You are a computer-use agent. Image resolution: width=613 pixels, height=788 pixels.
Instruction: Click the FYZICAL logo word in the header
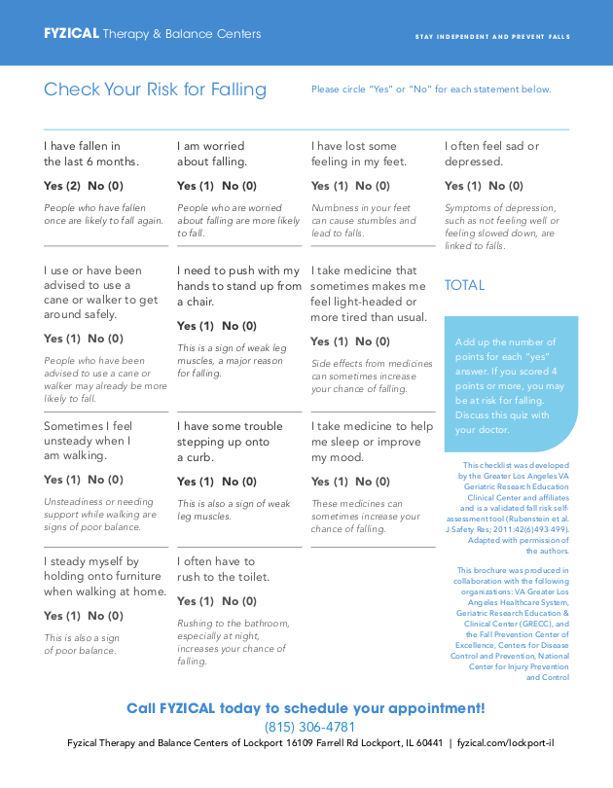pos(71,34)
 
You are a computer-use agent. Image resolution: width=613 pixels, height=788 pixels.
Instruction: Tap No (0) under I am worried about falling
pos(239,186)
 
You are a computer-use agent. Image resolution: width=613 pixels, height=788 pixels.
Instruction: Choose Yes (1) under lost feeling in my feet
pos(329,186)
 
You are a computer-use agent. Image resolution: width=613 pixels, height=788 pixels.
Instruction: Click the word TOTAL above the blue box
pos(464,285)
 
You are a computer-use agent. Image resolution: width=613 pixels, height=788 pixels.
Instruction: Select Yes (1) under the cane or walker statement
pos(61,339)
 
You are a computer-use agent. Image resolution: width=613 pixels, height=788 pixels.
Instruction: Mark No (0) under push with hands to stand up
pos(239,326)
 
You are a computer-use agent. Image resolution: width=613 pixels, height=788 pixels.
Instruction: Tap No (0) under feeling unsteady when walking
pos(105,480)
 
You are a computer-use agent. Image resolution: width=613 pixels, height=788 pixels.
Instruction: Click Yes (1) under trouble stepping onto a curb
pos(195,482)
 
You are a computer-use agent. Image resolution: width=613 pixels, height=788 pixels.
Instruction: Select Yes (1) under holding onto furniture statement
pos(61,616)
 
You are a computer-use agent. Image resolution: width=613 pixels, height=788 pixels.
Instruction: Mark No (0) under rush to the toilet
pos(239,601)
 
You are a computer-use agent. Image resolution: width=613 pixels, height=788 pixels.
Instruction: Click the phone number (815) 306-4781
pos(309,727)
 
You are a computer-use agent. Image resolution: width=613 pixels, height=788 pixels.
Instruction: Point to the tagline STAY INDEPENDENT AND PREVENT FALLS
pos(492,37)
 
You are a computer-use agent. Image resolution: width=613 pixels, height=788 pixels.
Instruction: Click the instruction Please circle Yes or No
pos(431,90)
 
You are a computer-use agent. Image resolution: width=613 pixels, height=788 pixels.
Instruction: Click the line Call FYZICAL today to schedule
pos(306,708)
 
